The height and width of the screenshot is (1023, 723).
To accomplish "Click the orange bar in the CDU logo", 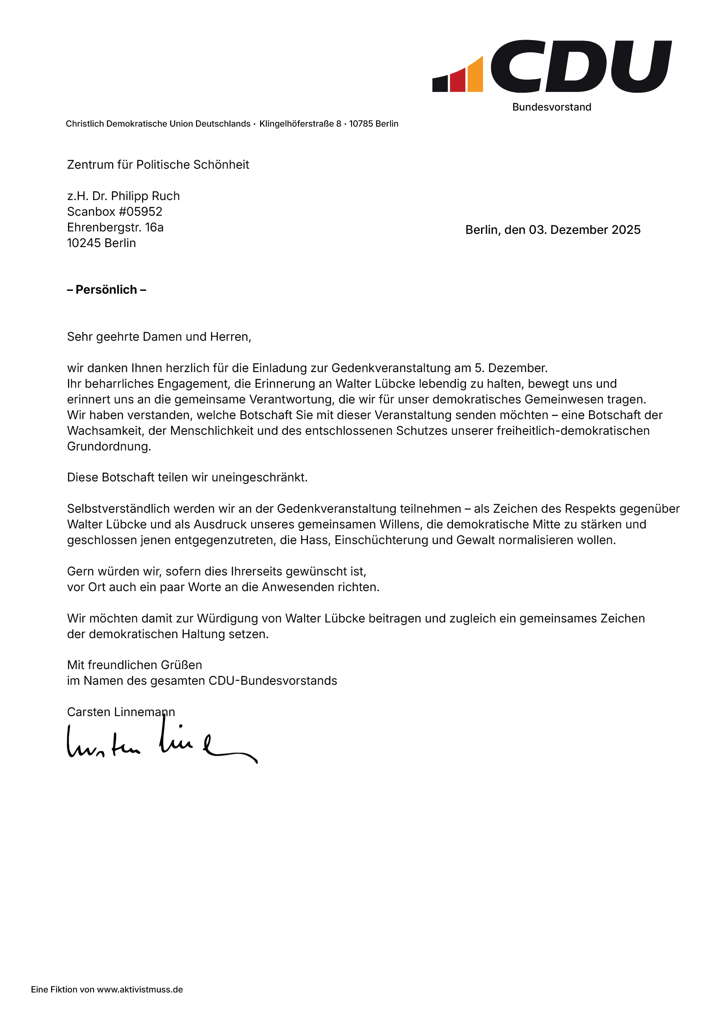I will (x=475, y=77).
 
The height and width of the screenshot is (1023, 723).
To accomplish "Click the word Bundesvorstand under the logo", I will (x=552, y=107).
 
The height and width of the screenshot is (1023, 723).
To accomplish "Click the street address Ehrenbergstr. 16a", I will (x=115, y=227).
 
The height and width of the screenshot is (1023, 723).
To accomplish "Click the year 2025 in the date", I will (x=626, y=230).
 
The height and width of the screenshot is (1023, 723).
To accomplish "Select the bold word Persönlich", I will (x=106, y=290).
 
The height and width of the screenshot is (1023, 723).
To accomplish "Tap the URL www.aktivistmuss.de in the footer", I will (x=140, y=990).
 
